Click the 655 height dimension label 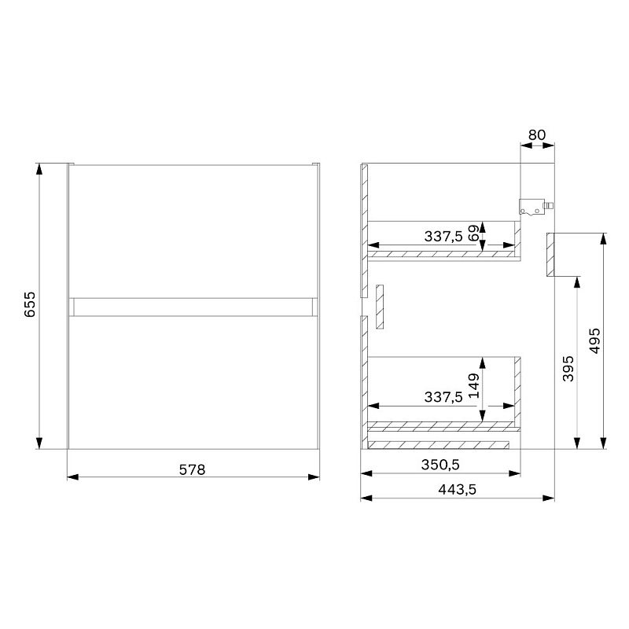[x=30, y=304]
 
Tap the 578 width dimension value [x=192, y=469]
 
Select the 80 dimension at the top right [x=537, y=134]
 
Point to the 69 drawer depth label [x=473, y=233]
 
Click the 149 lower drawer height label [x=474, y=385]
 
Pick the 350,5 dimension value [x=440, y=465]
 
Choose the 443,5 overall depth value [x=457, y=489]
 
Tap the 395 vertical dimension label [x=568, y=369]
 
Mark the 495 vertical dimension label [x=594, y=340]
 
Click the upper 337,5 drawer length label [x=443, y=237]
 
